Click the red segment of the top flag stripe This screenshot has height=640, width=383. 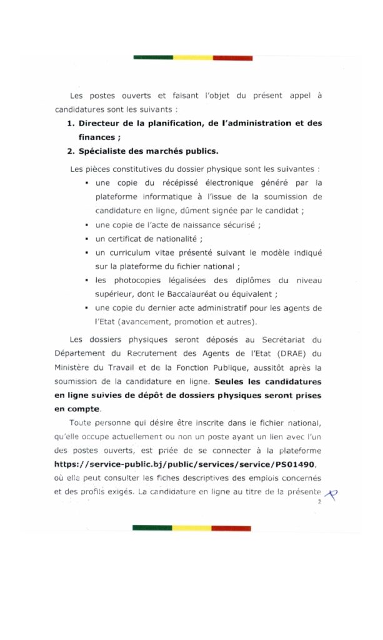pyautogui.click(x=232, y=58)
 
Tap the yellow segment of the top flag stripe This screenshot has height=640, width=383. pyautogui.click(x=192, y=58)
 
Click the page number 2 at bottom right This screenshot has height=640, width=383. pyautogui.click(x=319, y=502)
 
